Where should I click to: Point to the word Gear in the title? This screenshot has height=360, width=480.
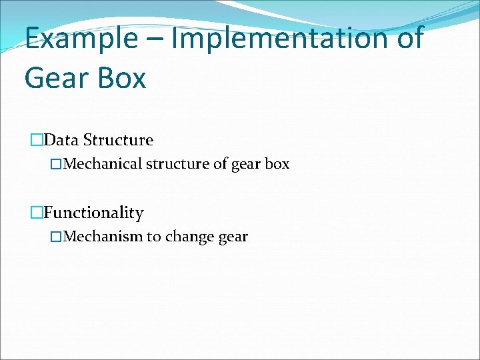(56, 78)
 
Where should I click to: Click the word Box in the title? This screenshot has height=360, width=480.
(122, 78)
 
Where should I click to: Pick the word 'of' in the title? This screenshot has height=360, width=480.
(407, 38)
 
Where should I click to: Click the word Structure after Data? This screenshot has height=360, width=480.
(118, 140)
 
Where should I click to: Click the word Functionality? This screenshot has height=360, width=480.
(94, 213)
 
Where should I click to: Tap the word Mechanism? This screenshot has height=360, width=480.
(103, 236)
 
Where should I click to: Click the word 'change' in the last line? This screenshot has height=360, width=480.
(188, 236)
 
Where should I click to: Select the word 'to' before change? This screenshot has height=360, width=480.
(154, 236)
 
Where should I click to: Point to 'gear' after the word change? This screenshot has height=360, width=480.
(232, 237)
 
